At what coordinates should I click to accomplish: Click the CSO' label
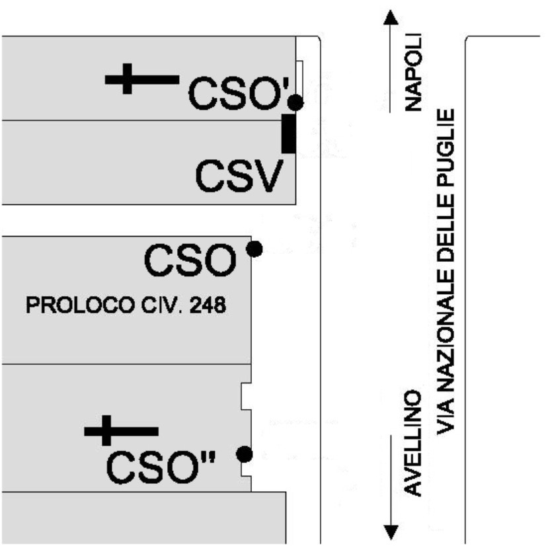[237, 94]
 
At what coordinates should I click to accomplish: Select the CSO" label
[161, 468]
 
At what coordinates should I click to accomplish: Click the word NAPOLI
[414, 72]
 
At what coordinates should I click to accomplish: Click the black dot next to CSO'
[295, 103]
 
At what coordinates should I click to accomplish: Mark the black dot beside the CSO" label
[245, 454]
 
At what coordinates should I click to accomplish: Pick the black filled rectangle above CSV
[289, 134]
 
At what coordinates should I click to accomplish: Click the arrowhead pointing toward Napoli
[391, 18]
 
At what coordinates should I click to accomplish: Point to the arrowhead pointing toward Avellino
[391, 531]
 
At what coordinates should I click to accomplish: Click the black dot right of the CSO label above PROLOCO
[254, 249]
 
